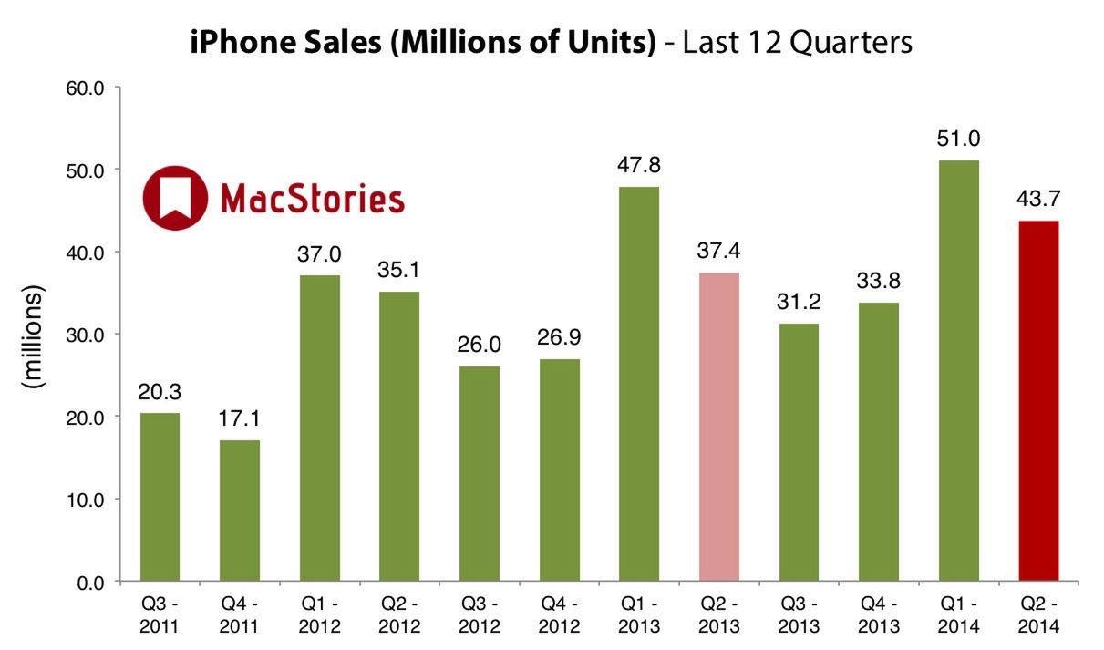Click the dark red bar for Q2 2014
1038,401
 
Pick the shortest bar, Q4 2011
239,511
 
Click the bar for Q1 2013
638,384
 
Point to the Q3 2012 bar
479,474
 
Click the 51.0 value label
958,139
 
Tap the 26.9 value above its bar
559,338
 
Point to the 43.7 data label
1038,200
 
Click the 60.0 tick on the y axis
86,88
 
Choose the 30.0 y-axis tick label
86,335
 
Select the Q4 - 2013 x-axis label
879,614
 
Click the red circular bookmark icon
175,198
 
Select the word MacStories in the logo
312,199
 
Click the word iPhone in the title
239,43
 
